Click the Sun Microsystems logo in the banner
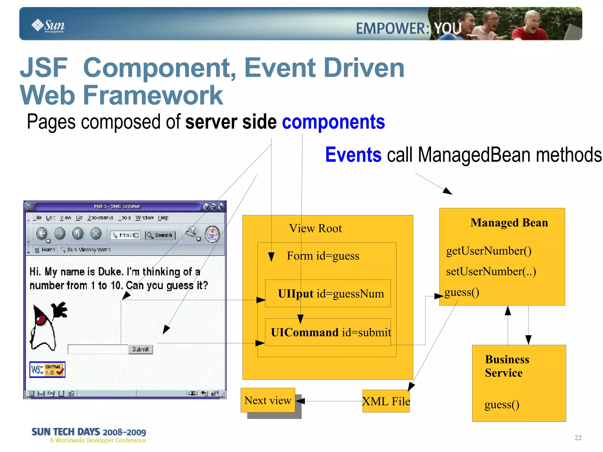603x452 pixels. pyautogui.click(x=48, y=26)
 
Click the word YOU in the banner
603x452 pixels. pyautogui.click(x=448, y=29)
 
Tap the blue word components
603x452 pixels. pyautogui.click(x=333, y=122)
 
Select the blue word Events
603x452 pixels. pyautogui.click(x=353, y=155)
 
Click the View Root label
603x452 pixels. pyautogui.click(x=315, y=229)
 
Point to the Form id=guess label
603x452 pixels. pyautogui.click(x=323, y=256)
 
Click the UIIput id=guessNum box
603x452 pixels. pyautogui.click(x=328, y=294)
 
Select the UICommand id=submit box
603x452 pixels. pyautogui.click(x=328, y=332)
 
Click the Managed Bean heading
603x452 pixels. pyautogui.click(x=509, y=223)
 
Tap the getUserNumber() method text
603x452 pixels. pyautogui.click(x=489, y=251)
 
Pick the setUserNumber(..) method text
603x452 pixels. pyautogui.click(x=491, y=271)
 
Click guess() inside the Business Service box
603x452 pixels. pyautogui.click(x=502, y=405)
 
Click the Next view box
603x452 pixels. pyautogui.click(x=268, y=400)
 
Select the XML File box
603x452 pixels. pyautogui.click(x=386, y=401)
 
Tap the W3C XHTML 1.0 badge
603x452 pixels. pyautogui.click(x=47, y=370)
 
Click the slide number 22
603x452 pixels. pyautogui.click(x=578, y=438)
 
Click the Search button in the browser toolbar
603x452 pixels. pyautogui.click(x=160, y=235)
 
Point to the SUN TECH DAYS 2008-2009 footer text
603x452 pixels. pyautogui.click(x=89, y=432)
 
